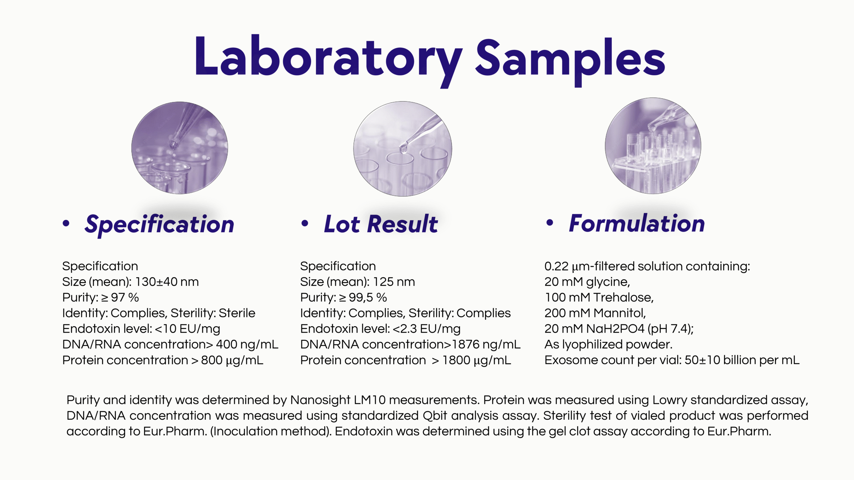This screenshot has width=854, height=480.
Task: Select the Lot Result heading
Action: pyautogui.click(x=381, y=224)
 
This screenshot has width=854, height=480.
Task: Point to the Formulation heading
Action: pyautogui.click(x=637, y=223)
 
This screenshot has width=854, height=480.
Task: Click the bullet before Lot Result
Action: pyautogui.click(x=305, y=223)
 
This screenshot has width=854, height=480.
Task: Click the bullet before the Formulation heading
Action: pyautogui.click(x=550, y=223)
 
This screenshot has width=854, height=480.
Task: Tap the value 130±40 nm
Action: pyautogui.click(x=167, y=282)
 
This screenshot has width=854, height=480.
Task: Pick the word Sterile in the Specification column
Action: pyautogui.click(x=237, y=313)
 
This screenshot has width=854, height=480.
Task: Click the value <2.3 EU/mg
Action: pyautogui.click(x=427, y=329)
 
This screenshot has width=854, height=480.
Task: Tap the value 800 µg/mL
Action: pyautogui.click(x=232, y=360)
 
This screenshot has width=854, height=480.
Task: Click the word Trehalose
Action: pyautogui.click(x=623, y=298)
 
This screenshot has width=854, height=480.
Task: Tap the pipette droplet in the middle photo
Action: pyautogui.click(x=403, y=148)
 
